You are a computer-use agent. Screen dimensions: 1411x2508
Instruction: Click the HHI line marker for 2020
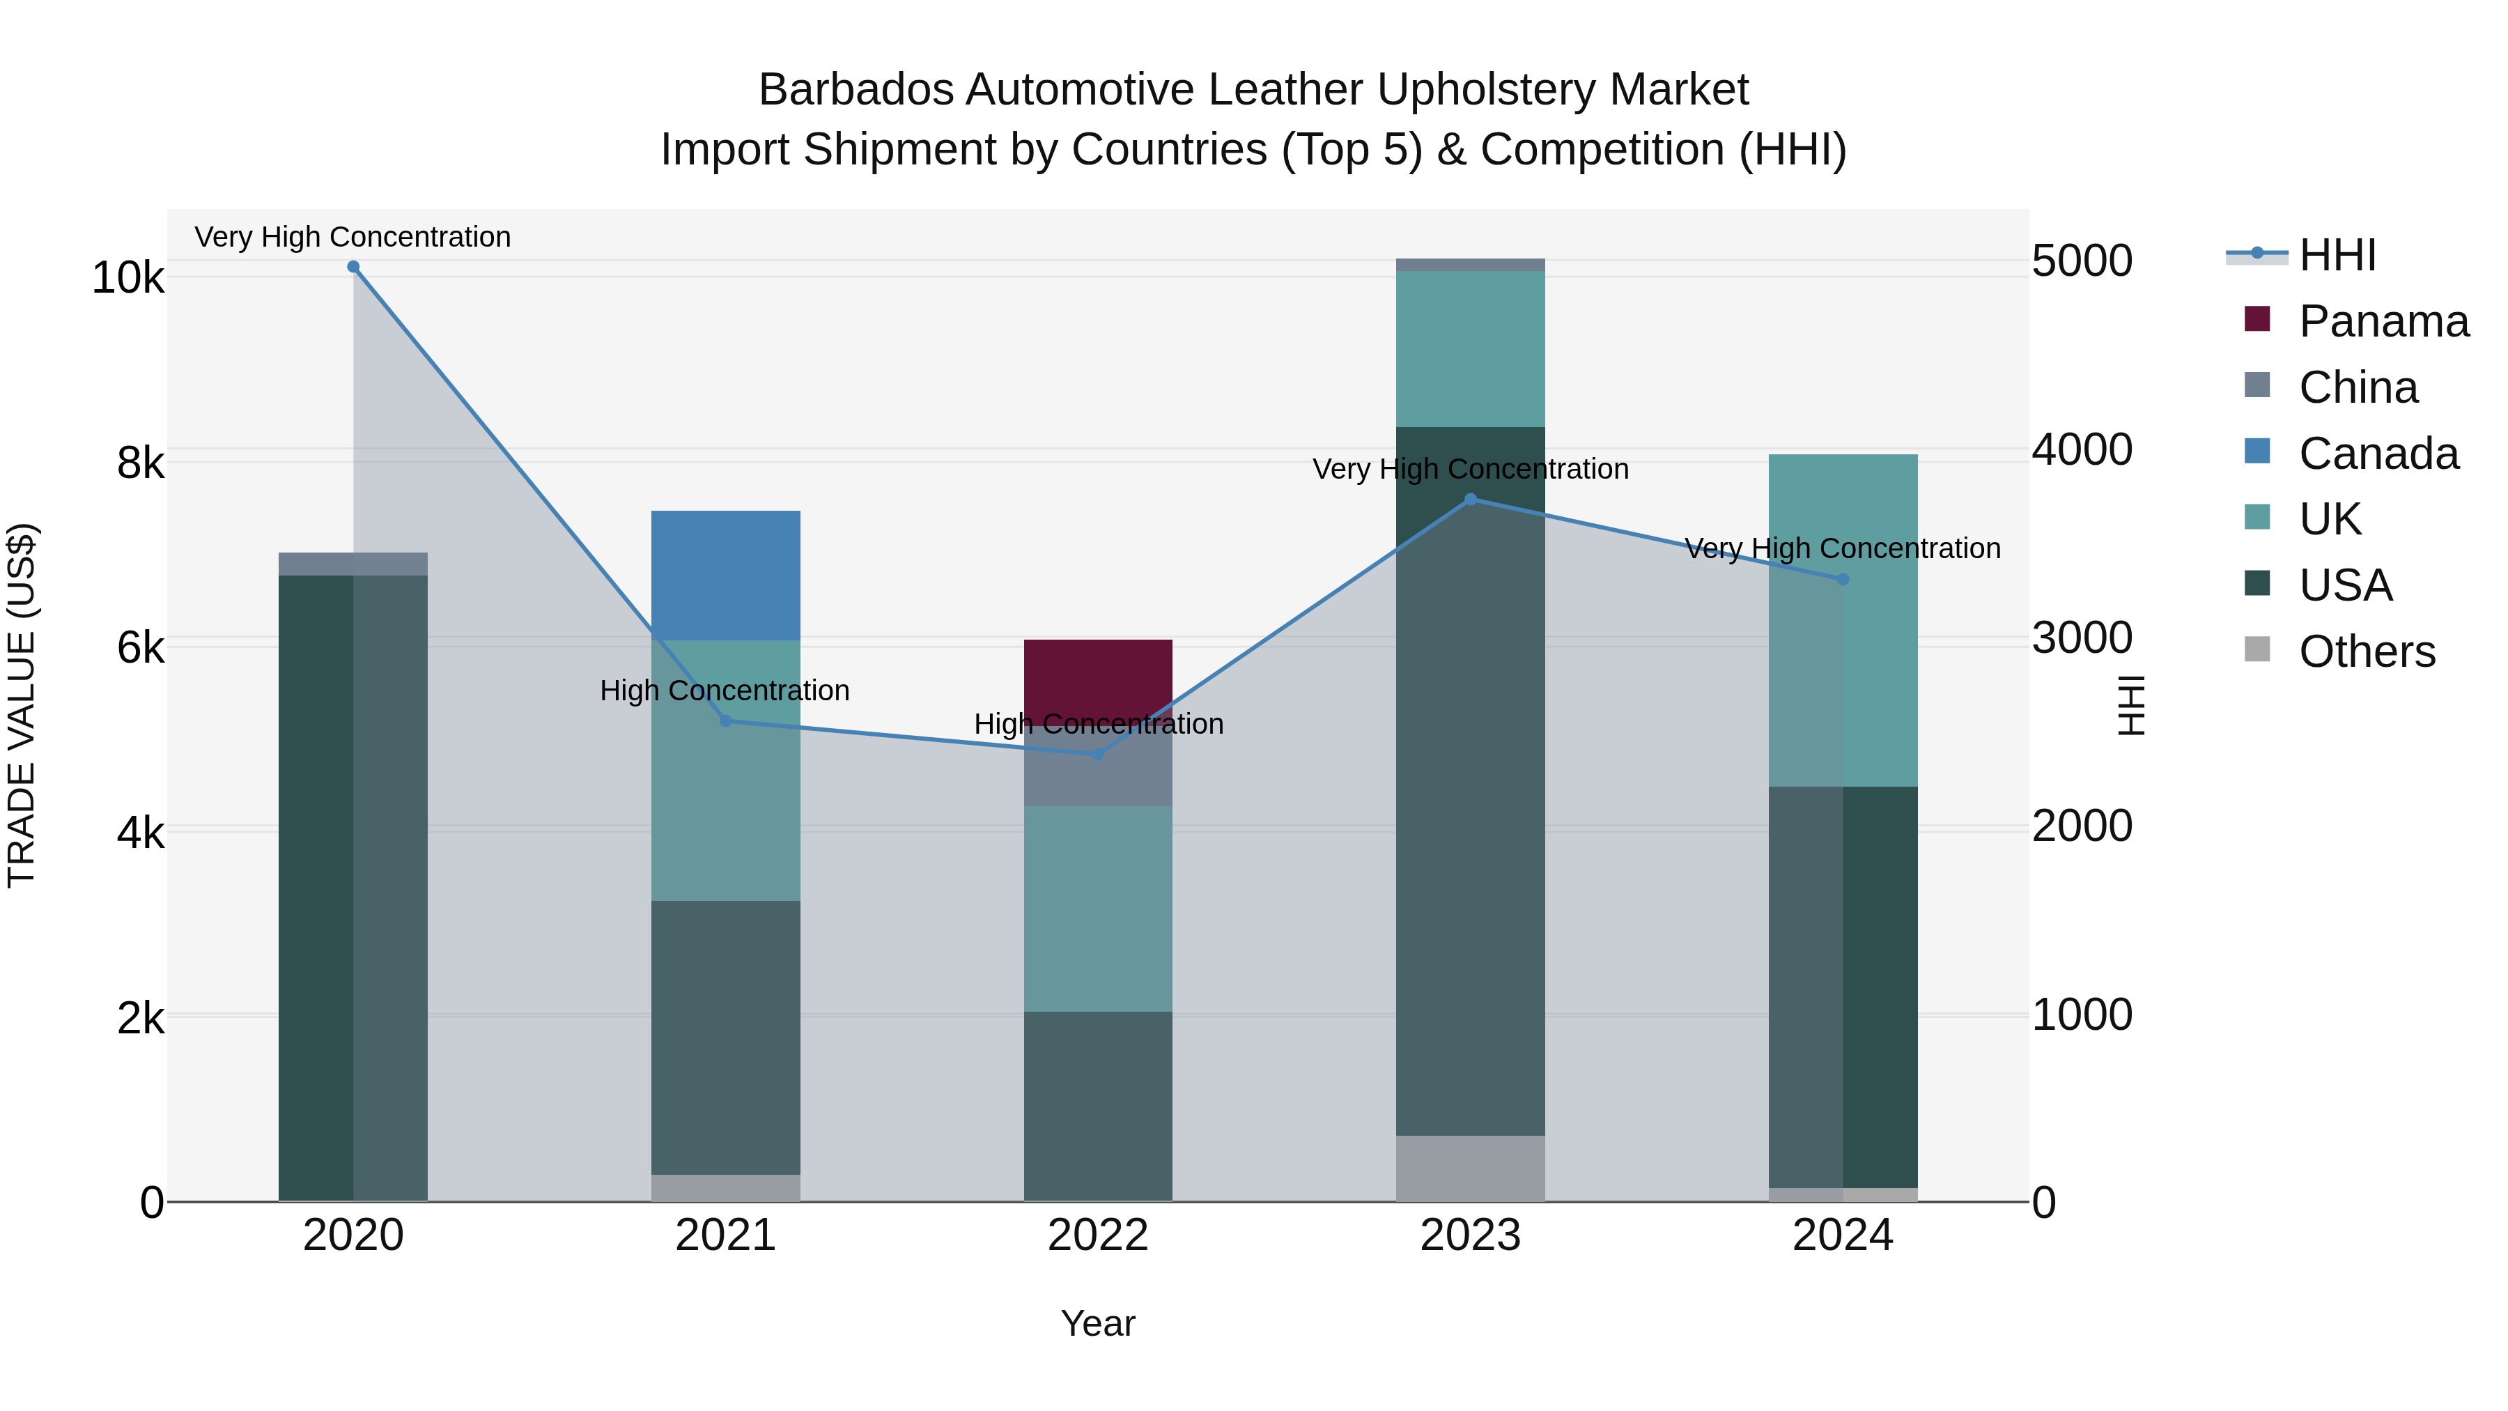tap(353, 267)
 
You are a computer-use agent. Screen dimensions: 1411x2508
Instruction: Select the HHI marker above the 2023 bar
tap(1470, 500)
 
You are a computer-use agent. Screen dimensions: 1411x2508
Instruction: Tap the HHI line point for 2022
tap(1098, 755)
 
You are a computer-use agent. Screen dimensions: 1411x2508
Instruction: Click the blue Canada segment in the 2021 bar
tap(725, 575)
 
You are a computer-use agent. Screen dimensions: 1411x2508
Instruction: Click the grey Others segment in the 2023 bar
tap(1470, 1168)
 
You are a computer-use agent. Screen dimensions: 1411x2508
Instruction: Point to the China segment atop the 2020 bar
tap(353, 564)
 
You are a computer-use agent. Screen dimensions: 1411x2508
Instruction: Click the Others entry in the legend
tap(2366, 651)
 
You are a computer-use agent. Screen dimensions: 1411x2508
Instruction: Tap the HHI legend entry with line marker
tap(2337, 255)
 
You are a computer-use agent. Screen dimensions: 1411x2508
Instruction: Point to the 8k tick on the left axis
tap(141, 463)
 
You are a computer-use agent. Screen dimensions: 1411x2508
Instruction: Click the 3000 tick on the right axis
tap(2082, 638)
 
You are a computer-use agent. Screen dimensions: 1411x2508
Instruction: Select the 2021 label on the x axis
tap(725, 1235)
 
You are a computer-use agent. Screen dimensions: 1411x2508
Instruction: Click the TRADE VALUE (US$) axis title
tap(22, 705)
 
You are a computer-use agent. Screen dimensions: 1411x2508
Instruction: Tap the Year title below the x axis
tap(1097, 1323)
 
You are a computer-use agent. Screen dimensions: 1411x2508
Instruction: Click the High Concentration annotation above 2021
tap(725, 691)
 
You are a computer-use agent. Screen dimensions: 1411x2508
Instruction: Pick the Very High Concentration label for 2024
tap(1842, 548)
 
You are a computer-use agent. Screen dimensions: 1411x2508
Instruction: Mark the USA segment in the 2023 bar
tap(1470, 780)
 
